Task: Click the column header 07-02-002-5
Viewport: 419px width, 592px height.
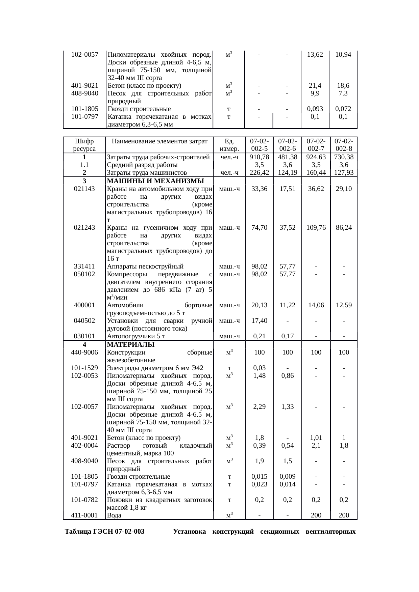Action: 259,145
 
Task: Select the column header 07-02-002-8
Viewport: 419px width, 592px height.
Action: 344,145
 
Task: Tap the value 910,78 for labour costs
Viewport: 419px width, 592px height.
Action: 259,157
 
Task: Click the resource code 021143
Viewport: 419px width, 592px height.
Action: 84,189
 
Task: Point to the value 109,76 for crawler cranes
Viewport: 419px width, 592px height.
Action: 316,227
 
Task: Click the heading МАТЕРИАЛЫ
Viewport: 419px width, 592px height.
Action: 130,344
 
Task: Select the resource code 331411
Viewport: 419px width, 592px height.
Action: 84,266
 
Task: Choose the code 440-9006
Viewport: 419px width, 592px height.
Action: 84,352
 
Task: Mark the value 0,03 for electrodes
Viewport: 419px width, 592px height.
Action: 259,368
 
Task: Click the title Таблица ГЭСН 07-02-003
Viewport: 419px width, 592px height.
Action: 105,532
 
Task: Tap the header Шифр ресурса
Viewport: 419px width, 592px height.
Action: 84,145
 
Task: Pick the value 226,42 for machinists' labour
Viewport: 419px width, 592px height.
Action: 259,173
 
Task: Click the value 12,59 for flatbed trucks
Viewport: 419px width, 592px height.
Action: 344,305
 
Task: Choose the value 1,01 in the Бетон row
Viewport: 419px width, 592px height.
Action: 316,438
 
